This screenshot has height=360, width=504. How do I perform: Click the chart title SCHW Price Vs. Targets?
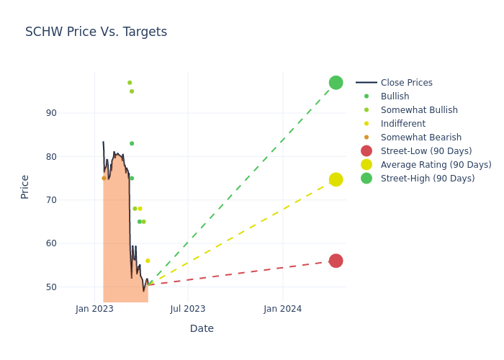pos(96,32)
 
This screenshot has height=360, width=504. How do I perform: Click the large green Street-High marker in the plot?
pos(336,83)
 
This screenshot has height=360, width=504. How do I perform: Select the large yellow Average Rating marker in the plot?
pos(336,179)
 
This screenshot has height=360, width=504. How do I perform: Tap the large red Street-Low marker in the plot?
pos(336,261)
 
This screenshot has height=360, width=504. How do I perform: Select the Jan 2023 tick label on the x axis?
pos(94,309)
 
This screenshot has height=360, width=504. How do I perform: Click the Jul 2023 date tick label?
pos(188,309)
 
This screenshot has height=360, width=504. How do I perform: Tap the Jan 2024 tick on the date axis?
pos(282,309)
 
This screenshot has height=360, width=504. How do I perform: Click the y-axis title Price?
pos(25,186)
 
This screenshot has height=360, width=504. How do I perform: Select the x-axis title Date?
pos(202,328)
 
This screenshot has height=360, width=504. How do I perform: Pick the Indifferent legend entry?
pos(402,124)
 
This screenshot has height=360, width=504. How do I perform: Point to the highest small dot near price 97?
pos(130,83)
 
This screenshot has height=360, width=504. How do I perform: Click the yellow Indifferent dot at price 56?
pos(148,261)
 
